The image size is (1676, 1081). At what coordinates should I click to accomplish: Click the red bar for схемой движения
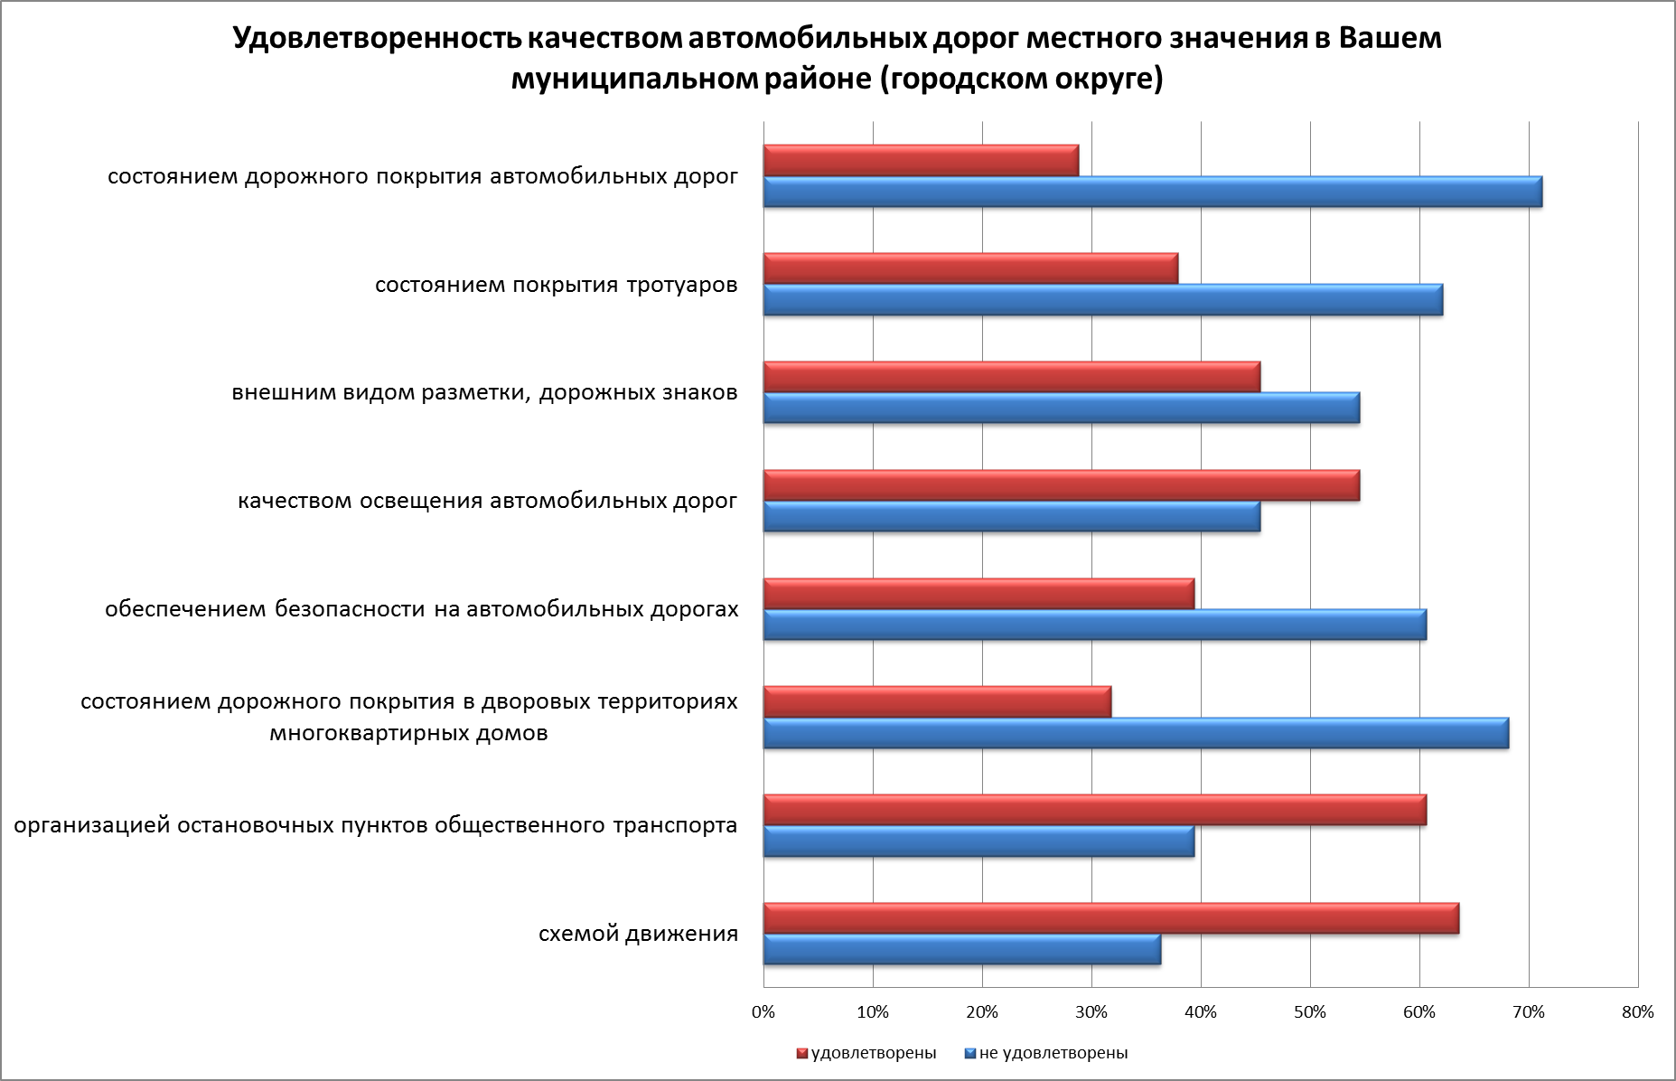click(x=1110, y=918)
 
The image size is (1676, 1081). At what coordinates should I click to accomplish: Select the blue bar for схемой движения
click(x=961, y=950)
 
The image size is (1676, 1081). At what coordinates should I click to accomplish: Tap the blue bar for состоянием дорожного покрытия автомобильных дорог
click(x=1152, y=193)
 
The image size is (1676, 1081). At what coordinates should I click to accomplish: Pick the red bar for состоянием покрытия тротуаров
click(x=970, y=268)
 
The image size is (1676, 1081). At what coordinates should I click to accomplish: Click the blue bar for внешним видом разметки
click(x=1061, y=409)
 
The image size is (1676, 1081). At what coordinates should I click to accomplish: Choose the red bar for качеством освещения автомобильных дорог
click(x=1061, y=485)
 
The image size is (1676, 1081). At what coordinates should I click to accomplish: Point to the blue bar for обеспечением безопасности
click(x=1094, y=625)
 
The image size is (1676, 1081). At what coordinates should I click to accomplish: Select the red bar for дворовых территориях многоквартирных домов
click(x=937, y=701)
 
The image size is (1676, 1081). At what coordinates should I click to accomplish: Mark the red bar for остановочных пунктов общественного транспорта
click(x=1094, y=810)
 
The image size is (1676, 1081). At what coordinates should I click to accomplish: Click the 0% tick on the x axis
click(x=763, y=1012)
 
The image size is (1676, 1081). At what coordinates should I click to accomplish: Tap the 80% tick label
click(x=1637, y=1012)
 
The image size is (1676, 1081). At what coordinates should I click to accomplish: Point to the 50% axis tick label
click(x=1309, y=1012)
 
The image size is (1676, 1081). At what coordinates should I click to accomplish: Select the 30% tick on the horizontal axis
click(x=1091, y=1012)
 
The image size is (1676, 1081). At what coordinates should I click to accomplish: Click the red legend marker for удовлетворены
click(x=801, y=1054)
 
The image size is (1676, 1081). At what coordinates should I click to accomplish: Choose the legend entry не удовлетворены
click(x=1053, y=1053)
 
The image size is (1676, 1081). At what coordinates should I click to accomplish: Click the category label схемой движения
click(x=638, y=934)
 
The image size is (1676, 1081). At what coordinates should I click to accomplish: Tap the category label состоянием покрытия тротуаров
click(x=556, y=286)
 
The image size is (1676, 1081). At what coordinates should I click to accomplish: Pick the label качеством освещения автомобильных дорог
click(x=487, y=501)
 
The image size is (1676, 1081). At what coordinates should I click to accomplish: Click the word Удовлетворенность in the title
click(x=374, y=39)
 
